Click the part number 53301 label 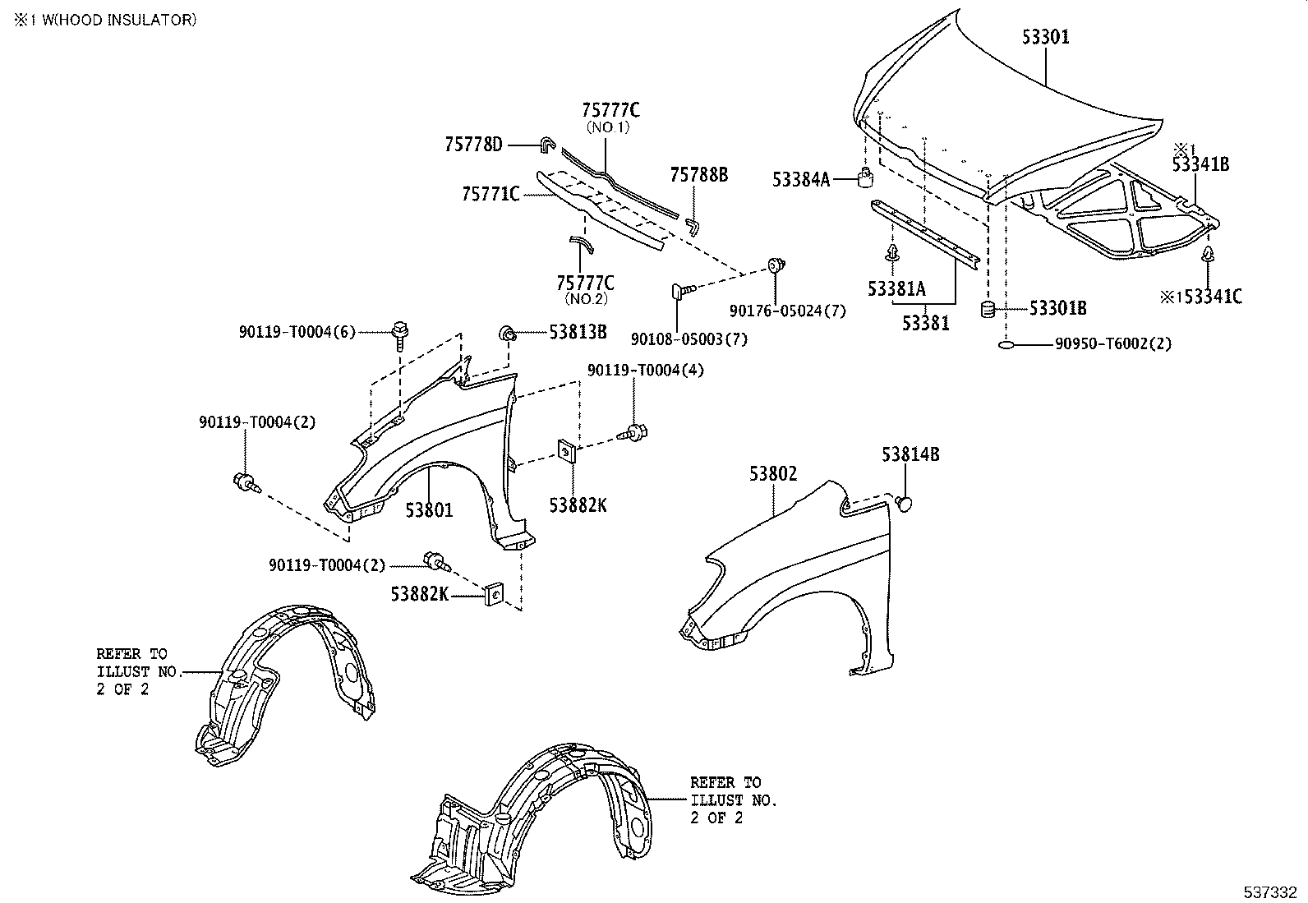click(x=1045, y=37)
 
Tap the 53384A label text click(x=801, y=179)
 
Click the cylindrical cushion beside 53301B click(x=989, y=310)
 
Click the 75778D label click(x=473, y=145)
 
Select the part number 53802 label click(x=772, y=474)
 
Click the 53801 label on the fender click(x=429, y=510)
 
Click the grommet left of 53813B click(x=509, y=333)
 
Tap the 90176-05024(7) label click(x=787, y=311)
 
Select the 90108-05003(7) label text click(x=689, y=339)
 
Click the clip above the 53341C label click(x=1209, y=254)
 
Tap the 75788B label click(x=698, y=175)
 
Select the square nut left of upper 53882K click(x=566, y=450)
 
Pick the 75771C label click(x=490, y=194)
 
